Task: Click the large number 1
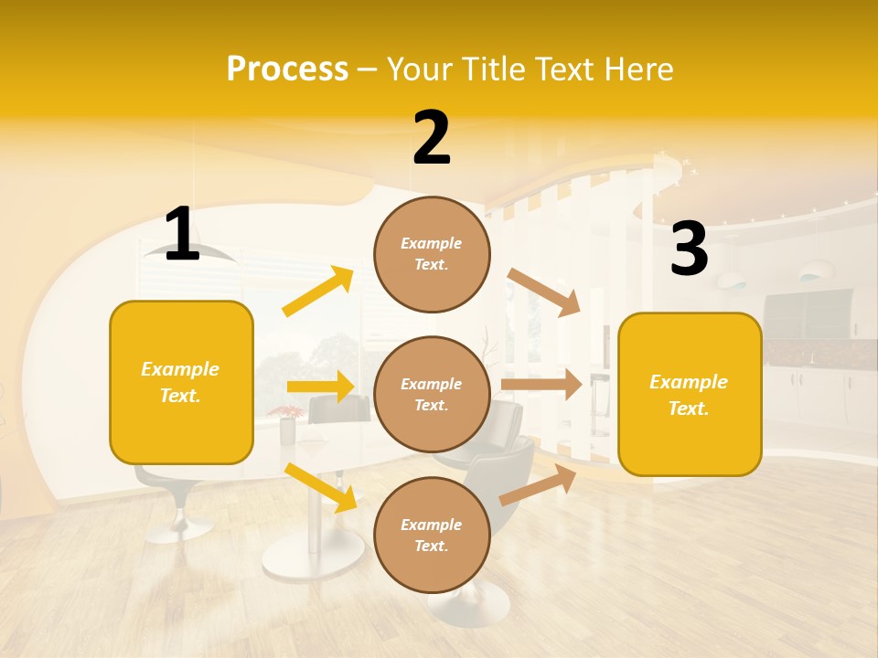pyautogui.click(x=182, y=235)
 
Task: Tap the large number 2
pyautogui.click(x=432, y=139)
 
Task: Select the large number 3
pyautogui.click(x=689, y=249)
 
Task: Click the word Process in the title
pyautogui.click(x=287, y=69)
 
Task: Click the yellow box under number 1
pyautogui.click(x=181, y=382)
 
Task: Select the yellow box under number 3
pyautogui.click(x=690, y=394)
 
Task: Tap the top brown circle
pyautogui.click(x=432, y=254)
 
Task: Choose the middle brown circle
pyautogui.click(x=432, y=394)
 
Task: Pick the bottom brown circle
pyautogui.click(x=432, y=535)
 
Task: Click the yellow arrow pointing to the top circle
pyautogui.click(x=318, y=292)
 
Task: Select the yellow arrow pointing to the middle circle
pyautogui.click(x=319, y=387)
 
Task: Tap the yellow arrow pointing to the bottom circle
pyautogui.click(x=321, y=487)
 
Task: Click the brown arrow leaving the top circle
pyautogui.click(x=544, y=292)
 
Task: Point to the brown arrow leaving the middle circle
pyautogui.click(x=541, y=384)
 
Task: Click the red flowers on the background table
pyautogui.click(x=287, y=412)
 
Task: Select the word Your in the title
pyautogui.click(x=419, y=69)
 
